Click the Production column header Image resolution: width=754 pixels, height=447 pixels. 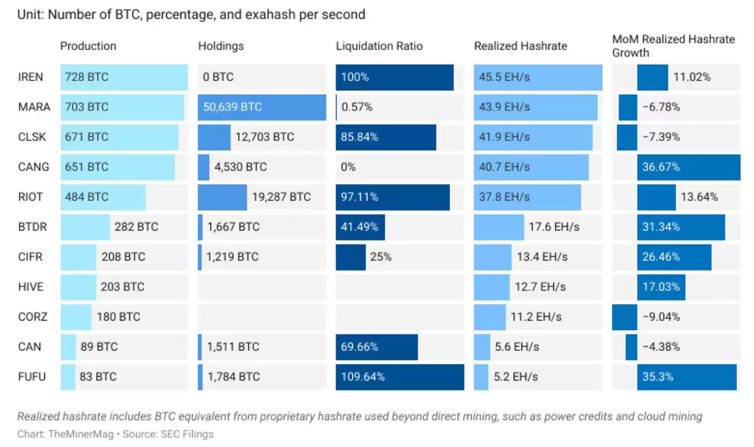(x=88, y=46)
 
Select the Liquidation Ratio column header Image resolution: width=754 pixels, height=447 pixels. (x=379, y=46)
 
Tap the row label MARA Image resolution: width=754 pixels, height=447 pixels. (x=34, y=107)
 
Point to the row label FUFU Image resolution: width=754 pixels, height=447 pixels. (x=32, y=377)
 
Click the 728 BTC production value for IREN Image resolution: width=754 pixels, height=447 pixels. (x=86, y=77)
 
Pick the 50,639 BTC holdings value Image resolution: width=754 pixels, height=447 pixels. (x=232, y=107)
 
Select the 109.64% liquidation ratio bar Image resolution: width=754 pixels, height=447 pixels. (x=400, y=377)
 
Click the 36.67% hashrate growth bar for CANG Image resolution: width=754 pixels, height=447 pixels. (x=689, y=167)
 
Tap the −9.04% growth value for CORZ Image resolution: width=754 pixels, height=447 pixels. (x=661, y=317)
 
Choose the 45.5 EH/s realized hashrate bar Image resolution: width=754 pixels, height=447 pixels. (x=537, y=77)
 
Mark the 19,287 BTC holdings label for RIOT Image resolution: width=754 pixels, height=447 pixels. (x=281, y=197)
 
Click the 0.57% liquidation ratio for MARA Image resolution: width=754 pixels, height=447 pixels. (x=356, y=107)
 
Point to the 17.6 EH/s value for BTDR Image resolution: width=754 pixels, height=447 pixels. (x=549, y=227)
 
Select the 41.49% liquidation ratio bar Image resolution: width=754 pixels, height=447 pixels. (x=360, y=227)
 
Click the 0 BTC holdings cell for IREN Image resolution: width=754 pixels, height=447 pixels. (x=218, y=77)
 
